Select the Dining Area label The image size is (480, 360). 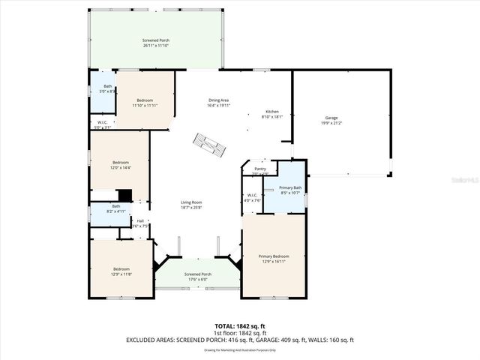(x=218, y=103)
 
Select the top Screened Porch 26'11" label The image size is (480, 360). (x=156, y=42)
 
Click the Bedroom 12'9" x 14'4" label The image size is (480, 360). (x=121, y=165)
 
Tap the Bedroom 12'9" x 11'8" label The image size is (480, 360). (x=121, y=271)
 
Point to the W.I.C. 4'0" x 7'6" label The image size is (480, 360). (x=252, y=198)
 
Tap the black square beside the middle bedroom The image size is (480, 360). (x=125, y=196)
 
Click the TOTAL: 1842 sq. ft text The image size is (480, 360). (x=239, y=325)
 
